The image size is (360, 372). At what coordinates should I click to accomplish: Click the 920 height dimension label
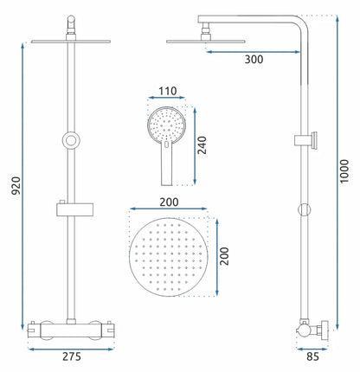tap(16, 185)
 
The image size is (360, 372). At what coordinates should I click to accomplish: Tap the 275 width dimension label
tap(72, 356)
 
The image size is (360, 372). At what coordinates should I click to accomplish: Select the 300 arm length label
tap(254, 60)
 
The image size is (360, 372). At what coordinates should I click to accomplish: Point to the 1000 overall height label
tap(344, 171)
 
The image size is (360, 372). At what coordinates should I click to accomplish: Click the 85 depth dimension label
tap(312, 356)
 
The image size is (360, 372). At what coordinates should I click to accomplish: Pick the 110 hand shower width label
tap(168, 91)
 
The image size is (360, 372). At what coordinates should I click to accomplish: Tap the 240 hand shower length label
tap(202, 145)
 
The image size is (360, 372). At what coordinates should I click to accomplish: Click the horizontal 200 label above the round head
tap(169, 202)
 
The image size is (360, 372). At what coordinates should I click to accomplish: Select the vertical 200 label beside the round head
tap(224, 256)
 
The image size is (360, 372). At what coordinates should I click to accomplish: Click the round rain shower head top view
tap(169, 257)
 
